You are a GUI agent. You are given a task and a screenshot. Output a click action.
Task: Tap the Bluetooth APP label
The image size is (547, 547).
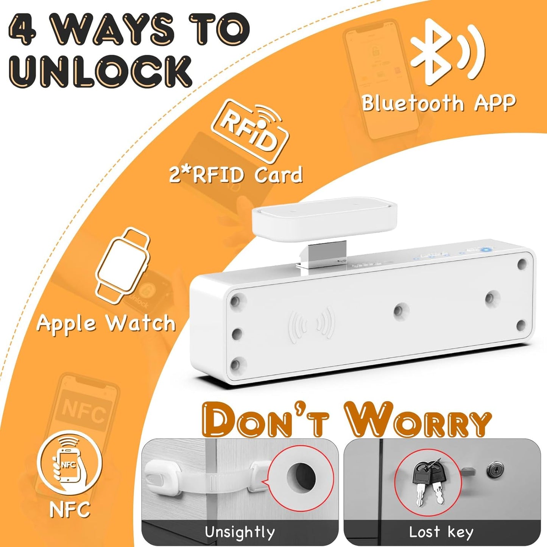pyautogui.click(x=439, y=103)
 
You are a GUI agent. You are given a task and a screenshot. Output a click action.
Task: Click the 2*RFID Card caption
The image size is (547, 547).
pyautogui.click(x=236, y=175)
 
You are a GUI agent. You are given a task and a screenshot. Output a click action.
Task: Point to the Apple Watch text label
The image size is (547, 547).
pyautogui.click(x=106, y=324)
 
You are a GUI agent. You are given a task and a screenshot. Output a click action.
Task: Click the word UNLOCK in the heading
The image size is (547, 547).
pyautogui.click(x=100, y=71)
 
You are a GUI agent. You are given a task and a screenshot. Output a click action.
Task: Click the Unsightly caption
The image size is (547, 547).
pyautogui.click(x=240, y=532)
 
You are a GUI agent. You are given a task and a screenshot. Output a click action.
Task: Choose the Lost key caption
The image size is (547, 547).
pyautogui.click(x=441, y=532)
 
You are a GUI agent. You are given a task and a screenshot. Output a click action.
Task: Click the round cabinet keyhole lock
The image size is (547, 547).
pyautogui.click(x=494, y=471)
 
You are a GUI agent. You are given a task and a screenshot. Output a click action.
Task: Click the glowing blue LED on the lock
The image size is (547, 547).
pyautogui.click(x=485, y=249)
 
